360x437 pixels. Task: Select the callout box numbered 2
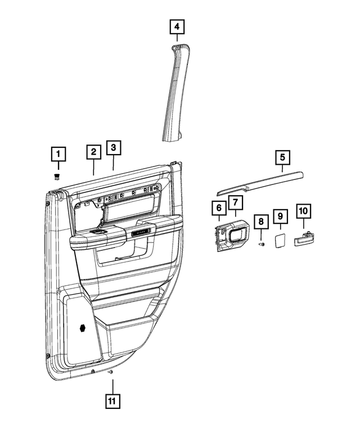[x=93, y=151]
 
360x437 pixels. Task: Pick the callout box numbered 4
[x=177, y=26]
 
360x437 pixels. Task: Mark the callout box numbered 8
[x=260, y=222]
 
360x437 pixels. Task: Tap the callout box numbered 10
[x=303, y=211]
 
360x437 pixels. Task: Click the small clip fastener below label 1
[x=57, y=177]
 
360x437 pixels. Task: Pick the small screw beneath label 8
[x=260, y=245]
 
